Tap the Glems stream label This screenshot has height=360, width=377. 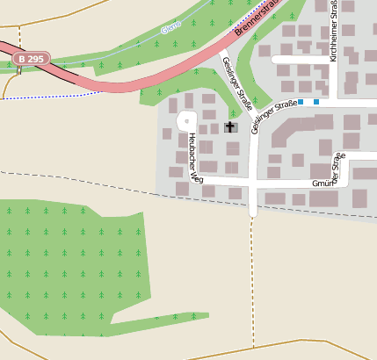(x=171, y=30)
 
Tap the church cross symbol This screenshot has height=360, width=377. (x=230, y=127)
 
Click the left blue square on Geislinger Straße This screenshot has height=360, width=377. (x=301, y=102)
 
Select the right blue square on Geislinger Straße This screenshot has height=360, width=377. (x=316, y=102)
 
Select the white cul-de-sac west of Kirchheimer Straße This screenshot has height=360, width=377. (x=299, y=60)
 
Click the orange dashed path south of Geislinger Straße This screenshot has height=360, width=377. (x=252, y=281)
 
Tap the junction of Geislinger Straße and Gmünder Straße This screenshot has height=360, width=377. (x=253, y=184)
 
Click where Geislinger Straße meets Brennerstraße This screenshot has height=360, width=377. (x=217, y=51)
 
